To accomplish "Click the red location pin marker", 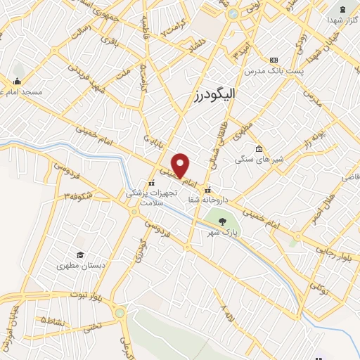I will point(181,165).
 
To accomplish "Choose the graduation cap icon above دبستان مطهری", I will point(81,255).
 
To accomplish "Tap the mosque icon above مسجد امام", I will point(18,79).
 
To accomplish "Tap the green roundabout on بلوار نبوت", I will point(120,313).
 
